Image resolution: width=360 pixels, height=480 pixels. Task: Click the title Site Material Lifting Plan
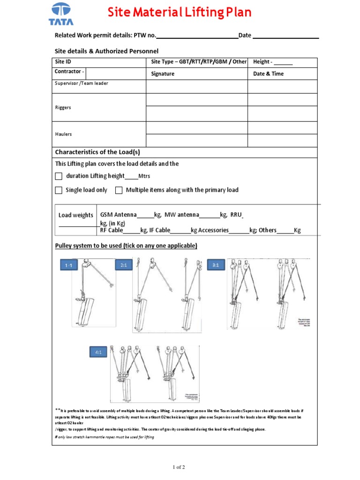180,12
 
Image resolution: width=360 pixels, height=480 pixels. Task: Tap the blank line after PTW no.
197,36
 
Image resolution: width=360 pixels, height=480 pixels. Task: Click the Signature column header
163,74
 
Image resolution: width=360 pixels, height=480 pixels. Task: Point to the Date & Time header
268,74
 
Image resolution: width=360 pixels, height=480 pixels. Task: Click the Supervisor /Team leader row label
82,83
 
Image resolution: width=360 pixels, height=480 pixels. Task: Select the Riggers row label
63,107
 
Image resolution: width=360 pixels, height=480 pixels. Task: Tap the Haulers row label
63,134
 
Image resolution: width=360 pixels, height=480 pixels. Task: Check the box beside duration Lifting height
59,176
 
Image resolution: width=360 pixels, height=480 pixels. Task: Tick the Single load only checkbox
59,190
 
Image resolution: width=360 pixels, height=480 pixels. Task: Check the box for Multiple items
119,190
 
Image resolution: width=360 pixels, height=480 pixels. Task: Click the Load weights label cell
76,215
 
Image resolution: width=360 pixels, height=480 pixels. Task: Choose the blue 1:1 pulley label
68,266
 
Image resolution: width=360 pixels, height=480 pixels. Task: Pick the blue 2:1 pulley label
124,265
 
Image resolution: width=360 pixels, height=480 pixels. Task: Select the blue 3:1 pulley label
216,265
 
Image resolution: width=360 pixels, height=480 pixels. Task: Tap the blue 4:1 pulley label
98,352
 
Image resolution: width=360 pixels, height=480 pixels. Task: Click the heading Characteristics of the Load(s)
97,152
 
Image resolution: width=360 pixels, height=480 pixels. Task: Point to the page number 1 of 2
180,467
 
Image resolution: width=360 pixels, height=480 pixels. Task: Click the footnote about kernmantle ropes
105,437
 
